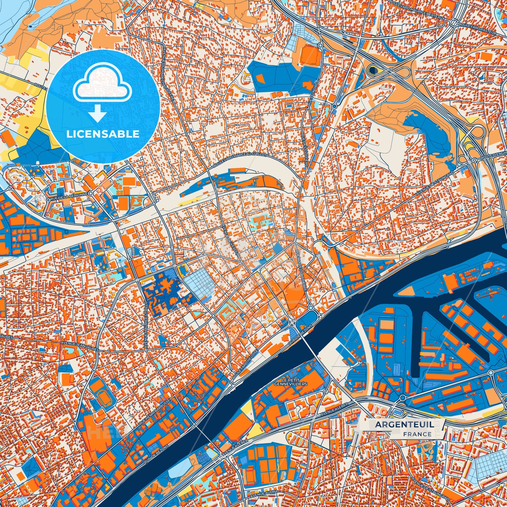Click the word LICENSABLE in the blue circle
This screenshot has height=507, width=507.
[103, 134]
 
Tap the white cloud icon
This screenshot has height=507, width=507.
[102, 85]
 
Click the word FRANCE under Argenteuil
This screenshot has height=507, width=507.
[417, 434]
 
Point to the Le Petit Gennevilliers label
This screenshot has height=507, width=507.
[291, 382]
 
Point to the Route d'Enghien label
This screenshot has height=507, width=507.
[493, 156]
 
